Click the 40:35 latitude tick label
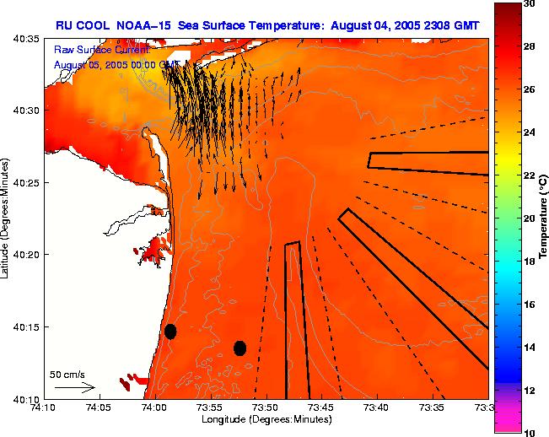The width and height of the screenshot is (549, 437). coord(28,39)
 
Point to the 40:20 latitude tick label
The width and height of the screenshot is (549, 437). coord(28,255)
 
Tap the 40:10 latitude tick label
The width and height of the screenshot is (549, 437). coord(28,398)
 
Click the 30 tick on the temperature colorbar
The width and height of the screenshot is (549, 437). coord(531,3)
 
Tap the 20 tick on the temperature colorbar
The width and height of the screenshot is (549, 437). coord(531,218)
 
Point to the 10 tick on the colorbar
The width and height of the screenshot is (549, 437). coord(531,432)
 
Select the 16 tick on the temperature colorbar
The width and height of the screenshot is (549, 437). coord(531,305)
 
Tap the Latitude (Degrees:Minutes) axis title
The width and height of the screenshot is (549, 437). coord(7,218)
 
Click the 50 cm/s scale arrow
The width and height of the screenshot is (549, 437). coord(74,388)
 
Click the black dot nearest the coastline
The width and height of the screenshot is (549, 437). coord(170,331)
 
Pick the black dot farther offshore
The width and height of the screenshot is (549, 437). coord(240,348)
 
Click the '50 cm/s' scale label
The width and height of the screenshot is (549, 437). coord(67,375)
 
